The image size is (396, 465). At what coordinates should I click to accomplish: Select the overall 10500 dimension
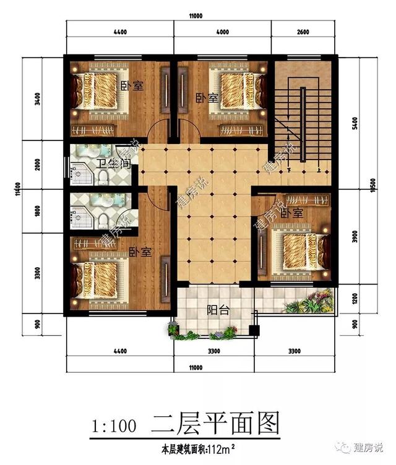point(372,190)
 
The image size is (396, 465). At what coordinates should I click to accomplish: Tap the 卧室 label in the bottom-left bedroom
point(140,252)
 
